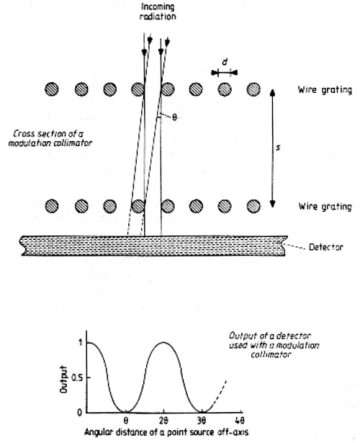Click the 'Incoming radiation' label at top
pyautogui.click(x=158, y=12)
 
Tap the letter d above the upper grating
pyautogui.click(x=225, y=62)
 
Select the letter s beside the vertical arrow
pyautogui.click(x=278, y=147)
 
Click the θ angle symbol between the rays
pyautogui.click(x=174, y=117)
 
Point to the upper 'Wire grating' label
pyautogui.click(x=325, y=90)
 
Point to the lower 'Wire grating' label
pyautogui.click(x=325, y=207)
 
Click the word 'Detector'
pyautogui.click(x=326, y=247)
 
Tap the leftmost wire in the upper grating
pyautogui.click(x=52, y=89)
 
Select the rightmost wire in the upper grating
pyautogui.click(x=253, y=89)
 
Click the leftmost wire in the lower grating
pyautogui.click(x=52, y=206)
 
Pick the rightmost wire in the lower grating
pyautogui.click(x=253, y=206)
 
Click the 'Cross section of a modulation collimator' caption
pyautogui.click(x=50, y=138)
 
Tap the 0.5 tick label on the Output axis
pyautogui.click(x=77, y=377)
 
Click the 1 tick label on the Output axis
pyautogui.click(x=81, y=343)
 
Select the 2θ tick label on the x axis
pyautogui.click(x=163, y=421)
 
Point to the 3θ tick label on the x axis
pyautogui.click(x=202, y=421)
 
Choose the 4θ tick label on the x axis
pyautogui.click(x=240, y=421)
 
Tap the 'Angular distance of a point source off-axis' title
pyautogui.click(x=166, y=432)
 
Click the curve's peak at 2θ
pyautogui.click(x=163, y=342)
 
